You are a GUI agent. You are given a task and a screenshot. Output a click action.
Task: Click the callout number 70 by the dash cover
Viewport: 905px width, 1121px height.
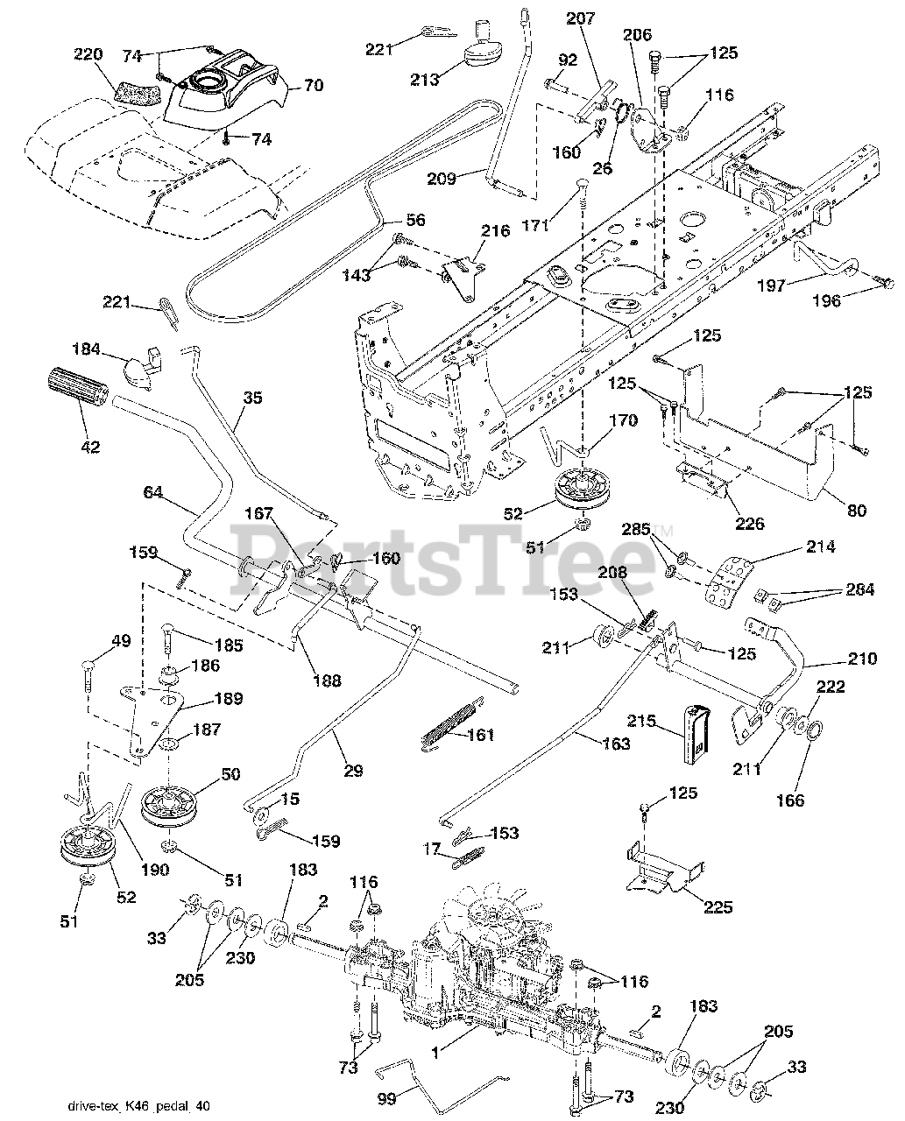point(313,86)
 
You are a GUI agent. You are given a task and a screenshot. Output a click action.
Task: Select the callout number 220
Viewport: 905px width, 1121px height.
point(88,54)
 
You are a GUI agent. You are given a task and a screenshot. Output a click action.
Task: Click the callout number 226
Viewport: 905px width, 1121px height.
point(750,524)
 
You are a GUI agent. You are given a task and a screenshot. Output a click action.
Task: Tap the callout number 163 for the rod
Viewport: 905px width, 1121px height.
point(617,744)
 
